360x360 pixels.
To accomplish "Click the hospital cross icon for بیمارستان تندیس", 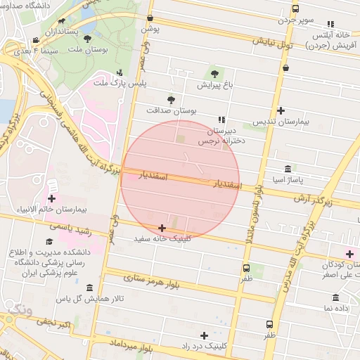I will (x=281, y=110).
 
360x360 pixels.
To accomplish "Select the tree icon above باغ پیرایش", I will (x=213, y=73).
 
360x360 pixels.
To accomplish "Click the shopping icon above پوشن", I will (x=150, y=18).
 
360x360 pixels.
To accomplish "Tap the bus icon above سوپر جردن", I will (x=295, y=9).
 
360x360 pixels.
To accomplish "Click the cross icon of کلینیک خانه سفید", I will (x=162, y=228).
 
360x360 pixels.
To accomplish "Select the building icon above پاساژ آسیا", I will (x=289, y=169).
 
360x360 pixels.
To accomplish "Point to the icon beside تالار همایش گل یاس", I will (x=89, y=288).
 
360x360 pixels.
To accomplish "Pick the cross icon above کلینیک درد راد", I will (x=204, y=335).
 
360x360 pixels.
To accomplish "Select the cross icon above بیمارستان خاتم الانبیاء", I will (x=51, y=198).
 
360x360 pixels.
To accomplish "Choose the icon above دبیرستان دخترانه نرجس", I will (x=222, y=120).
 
